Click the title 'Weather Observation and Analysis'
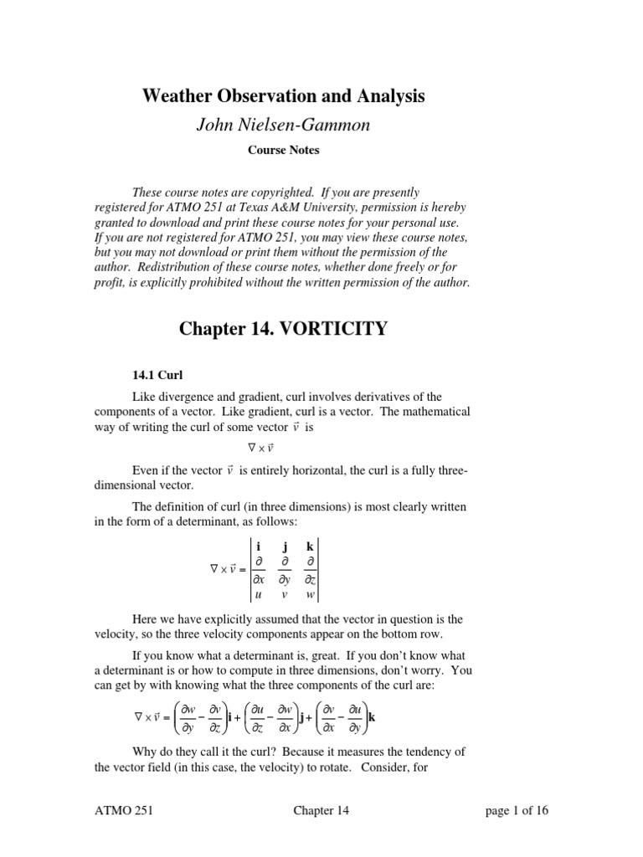click(x=284, y=97)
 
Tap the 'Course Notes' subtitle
click(x=283, y=151)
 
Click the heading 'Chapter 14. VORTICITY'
click(x=284, y=328)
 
